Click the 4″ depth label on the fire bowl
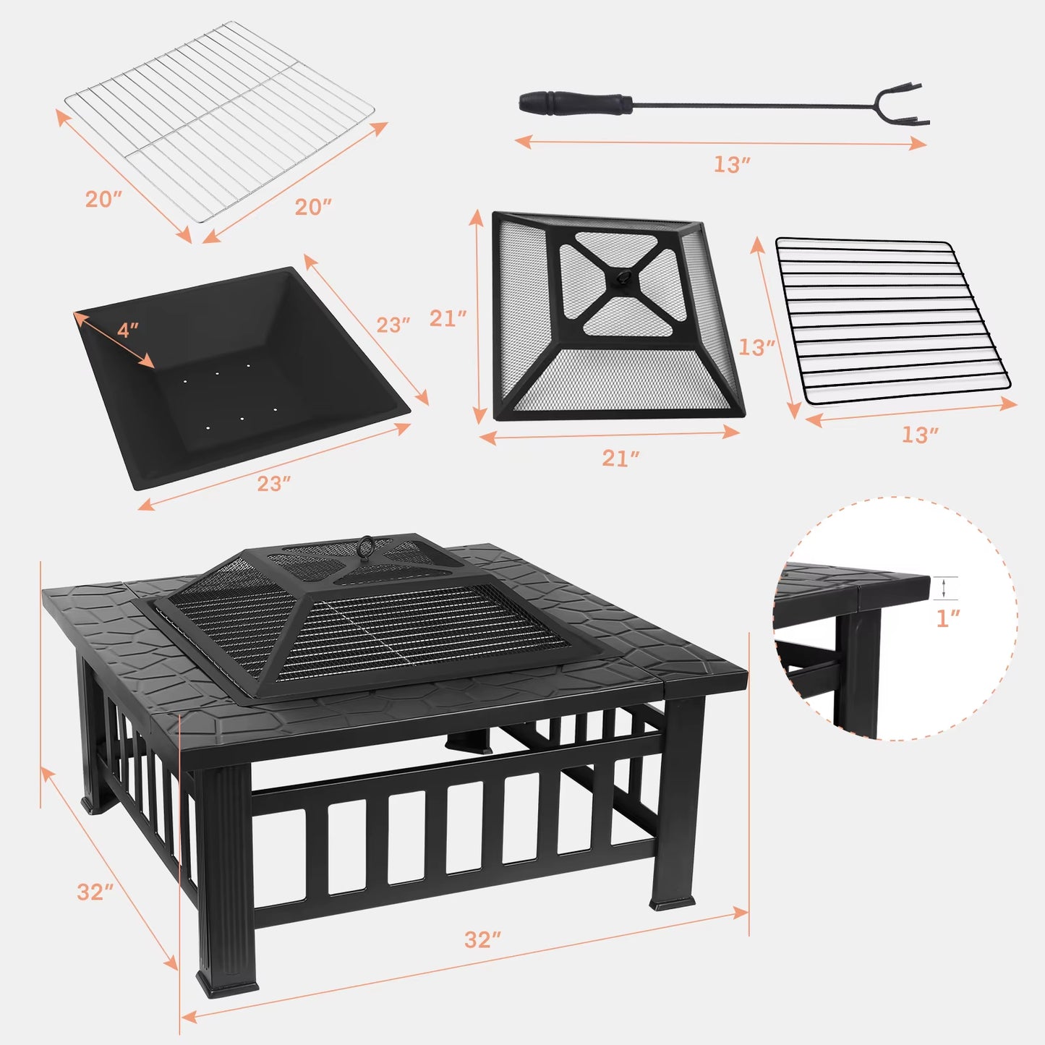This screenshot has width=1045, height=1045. point(128,330)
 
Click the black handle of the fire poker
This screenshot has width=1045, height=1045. point(575,103)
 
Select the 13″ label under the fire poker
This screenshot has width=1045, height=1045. point(731,165)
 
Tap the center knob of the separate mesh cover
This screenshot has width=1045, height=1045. point(620,277)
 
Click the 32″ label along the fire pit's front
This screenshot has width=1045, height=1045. point(482,939)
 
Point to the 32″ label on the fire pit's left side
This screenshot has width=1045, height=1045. point(95,892)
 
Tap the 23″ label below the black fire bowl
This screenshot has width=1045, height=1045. point(274,484)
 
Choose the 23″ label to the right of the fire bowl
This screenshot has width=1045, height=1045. point(393,325)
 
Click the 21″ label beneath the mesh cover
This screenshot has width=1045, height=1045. point(620,458)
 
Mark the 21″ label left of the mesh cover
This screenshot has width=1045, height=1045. point(448,318)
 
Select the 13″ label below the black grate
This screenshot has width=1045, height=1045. point(920,435)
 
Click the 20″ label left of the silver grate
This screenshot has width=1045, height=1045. point(103,199)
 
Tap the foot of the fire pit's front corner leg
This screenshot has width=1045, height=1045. point(226,987)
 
